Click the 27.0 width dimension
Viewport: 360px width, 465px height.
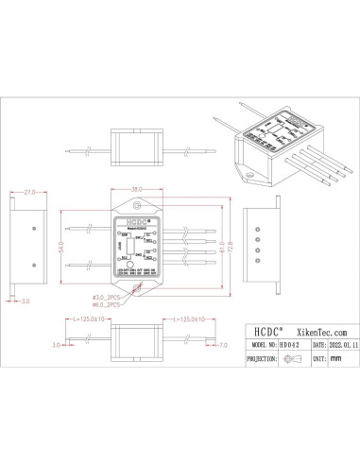pos(30,192)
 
